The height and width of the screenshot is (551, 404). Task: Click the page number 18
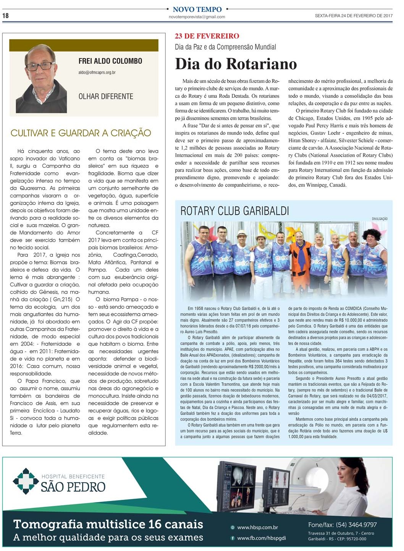(x=5, y=16)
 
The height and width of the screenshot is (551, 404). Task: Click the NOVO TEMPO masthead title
(x=197, y=9)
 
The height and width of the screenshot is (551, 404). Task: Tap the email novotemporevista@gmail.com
(x=197, y=17)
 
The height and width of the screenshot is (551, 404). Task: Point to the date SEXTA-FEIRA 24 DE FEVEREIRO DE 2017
(x=354, y=16)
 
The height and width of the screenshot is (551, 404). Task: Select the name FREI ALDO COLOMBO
(x=110, y=61)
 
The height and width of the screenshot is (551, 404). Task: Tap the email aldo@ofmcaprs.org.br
(x=97, y=72)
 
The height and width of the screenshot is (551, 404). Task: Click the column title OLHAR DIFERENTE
(x=106, y=96)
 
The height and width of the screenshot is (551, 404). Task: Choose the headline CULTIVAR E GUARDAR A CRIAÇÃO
(x=81, y=133)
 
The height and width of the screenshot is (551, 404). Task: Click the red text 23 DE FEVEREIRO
(x=207, y=36)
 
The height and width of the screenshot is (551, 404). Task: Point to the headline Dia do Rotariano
(x=236, y=64)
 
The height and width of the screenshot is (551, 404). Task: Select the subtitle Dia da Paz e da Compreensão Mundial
(x=225, y=47)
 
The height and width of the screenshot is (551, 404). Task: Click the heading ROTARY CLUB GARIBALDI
(x=234, y=211)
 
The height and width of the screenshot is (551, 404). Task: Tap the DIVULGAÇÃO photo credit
(x=379, y=219)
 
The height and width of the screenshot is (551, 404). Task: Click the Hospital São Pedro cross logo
(x=26, y=481)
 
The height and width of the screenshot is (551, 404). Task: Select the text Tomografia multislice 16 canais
(x=108, y=524)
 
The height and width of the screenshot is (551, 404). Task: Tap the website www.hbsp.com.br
(x=257, y=527)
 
